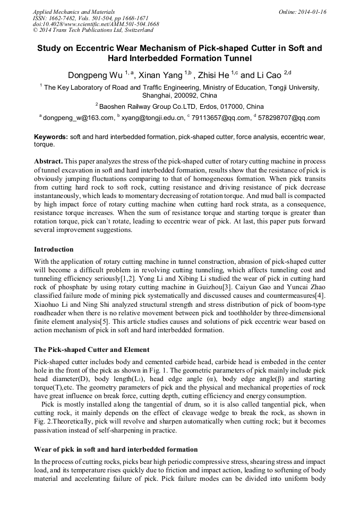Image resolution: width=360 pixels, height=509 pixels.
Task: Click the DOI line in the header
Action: pyautogui.click(x=96, y=24)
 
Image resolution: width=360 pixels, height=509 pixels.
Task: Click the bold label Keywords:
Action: pyautogui.click(x=51, y=137)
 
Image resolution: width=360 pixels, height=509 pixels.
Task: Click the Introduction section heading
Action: pyautogui.click(x=54, y=249)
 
